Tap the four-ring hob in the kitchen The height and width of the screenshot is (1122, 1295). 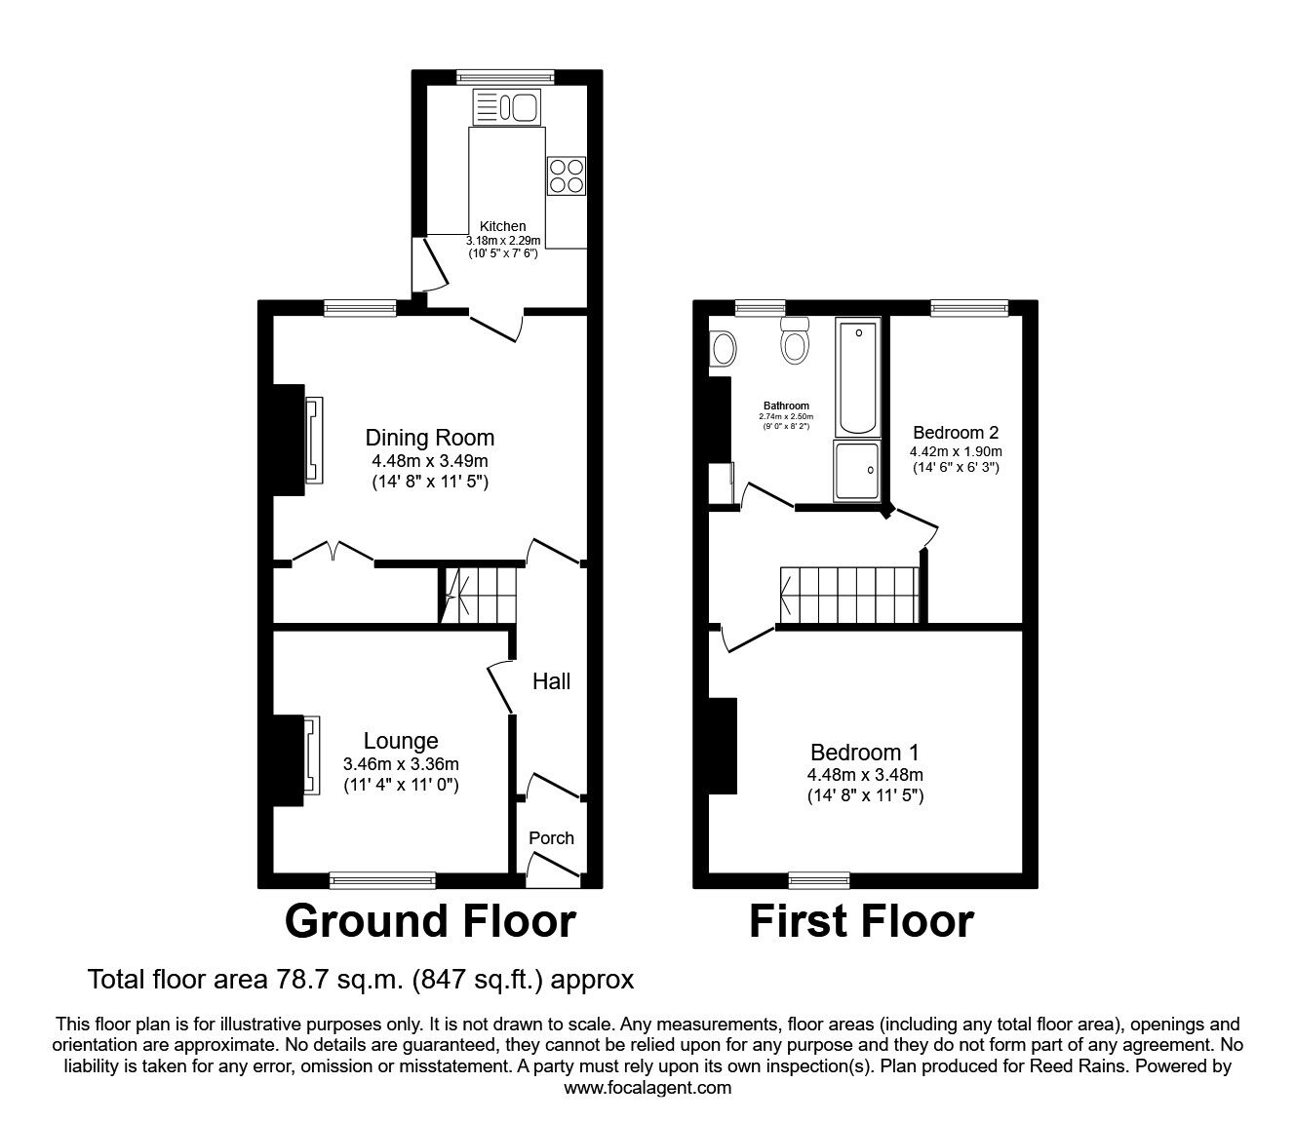(x=566, y=175)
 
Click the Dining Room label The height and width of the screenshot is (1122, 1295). (x=429, y=438)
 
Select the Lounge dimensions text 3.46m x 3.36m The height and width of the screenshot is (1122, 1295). (x=401, y=764)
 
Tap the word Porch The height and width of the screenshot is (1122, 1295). (x=551, y=837)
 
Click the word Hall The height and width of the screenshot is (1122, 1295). (x=551, y=681)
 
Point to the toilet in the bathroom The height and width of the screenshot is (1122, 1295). (x=797, y=341)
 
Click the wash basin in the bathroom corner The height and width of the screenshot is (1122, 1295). (x=723, y=346)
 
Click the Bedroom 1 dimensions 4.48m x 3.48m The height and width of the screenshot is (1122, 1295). (x=865, y=775)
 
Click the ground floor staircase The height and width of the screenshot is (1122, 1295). (x=478, y=593)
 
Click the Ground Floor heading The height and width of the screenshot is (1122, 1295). (x=430, y=921)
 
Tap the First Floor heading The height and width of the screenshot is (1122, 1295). (x=861, y=921)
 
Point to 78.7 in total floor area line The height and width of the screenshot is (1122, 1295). (x=303, y=979)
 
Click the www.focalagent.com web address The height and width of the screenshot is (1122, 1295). (x=647, y=1088)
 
